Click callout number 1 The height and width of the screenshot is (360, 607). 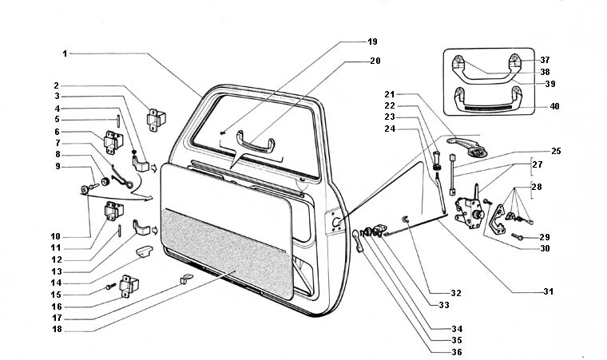click(x=64, y=53)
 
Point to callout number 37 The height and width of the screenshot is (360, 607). click(x=544, y=60)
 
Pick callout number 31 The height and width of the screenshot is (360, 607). click(x=548, y=291)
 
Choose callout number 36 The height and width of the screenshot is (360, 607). click(x=455, y=352)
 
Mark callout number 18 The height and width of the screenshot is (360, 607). click(x=58, y=328)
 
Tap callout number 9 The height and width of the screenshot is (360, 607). click(x=58, y=166)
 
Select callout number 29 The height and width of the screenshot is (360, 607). click(x=545, y=237)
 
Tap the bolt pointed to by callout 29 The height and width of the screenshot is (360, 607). click(x=518, y=237)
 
